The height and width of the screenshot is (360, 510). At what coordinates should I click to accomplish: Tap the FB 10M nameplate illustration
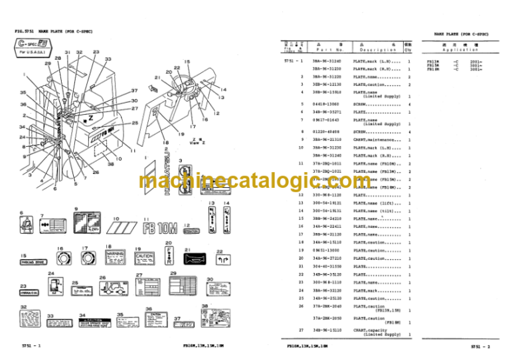coord(157,228)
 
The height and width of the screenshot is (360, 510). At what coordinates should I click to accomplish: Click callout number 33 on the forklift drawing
coord(108,59)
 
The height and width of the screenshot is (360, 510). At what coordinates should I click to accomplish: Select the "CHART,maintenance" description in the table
coord(376,139)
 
